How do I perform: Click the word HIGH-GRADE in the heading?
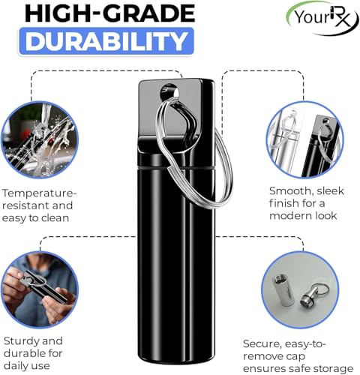click(x=109, y=13)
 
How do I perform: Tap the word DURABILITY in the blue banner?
click(x=106, y=41)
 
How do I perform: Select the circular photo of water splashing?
click(x=40, y=139)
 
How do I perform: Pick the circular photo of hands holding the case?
click(x=40, y=289)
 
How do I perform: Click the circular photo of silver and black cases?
click(x=304, y=139)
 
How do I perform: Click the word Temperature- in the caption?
click(x=40, y=193)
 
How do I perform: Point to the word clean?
click(x=55, y=218)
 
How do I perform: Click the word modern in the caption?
click(x=288, y=216)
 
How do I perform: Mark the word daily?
click(x=16, y=366)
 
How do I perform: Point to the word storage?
click(x=332, y=369)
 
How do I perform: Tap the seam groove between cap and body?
click(x=176, y=167)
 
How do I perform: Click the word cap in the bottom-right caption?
click(x=296, y=357)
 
